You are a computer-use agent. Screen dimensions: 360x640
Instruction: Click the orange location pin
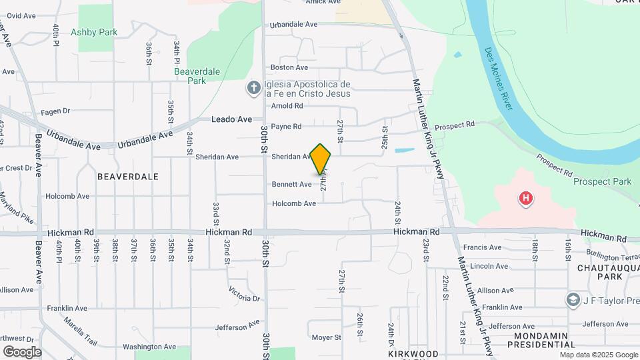[321, 159]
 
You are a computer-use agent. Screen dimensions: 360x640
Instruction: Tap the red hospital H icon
[527, 198]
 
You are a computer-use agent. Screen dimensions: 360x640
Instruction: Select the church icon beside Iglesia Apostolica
[253, 88]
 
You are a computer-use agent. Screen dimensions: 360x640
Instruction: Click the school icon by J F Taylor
[572, 300]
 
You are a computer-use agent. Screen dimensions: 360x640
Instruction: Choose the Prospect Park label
[602, 181]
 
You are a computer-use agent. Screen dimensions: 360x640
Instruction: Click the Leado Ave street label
[231, 119]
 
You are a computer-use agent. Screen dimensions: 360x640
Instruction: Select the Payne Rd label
[287, 126]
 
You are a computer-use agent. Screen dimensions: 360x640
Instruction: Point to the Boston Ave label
[289, 67]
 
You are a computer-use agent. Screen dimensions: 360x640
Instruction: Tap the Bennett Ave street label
[291, 184]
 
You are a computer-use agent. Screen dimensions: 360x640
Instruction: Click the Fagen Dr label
[55, 111]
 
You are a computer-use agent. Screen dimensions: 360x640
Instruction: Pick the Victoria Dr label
[243, 293]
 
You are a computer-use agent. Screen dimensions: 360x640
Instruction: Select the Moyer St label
[327, 337]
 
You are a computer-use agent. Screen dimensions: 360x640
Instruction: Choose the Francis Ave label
[486, 247]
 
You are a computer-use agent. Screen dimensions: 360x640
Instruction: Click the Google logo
[22, 351]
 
